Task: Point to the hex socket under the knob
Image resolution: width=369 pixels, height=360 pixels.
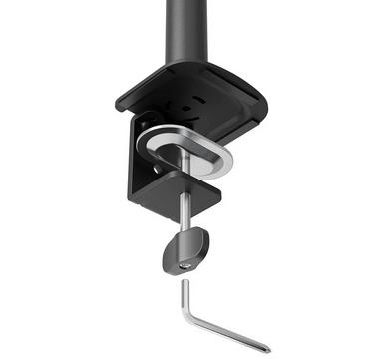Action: coord(185,266)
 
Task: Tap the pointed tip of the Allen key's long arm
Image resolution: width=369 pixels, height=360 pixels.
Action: coord(268,349)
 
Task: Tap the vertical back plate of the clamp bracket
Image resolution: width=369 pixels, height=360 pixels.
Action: coord(139,160)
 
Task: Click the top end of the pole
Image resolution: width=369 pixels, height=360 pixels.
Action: coord(185,3)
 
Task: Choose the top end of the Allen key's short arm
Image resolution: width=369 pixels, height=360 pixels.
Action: coord(184,283)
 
